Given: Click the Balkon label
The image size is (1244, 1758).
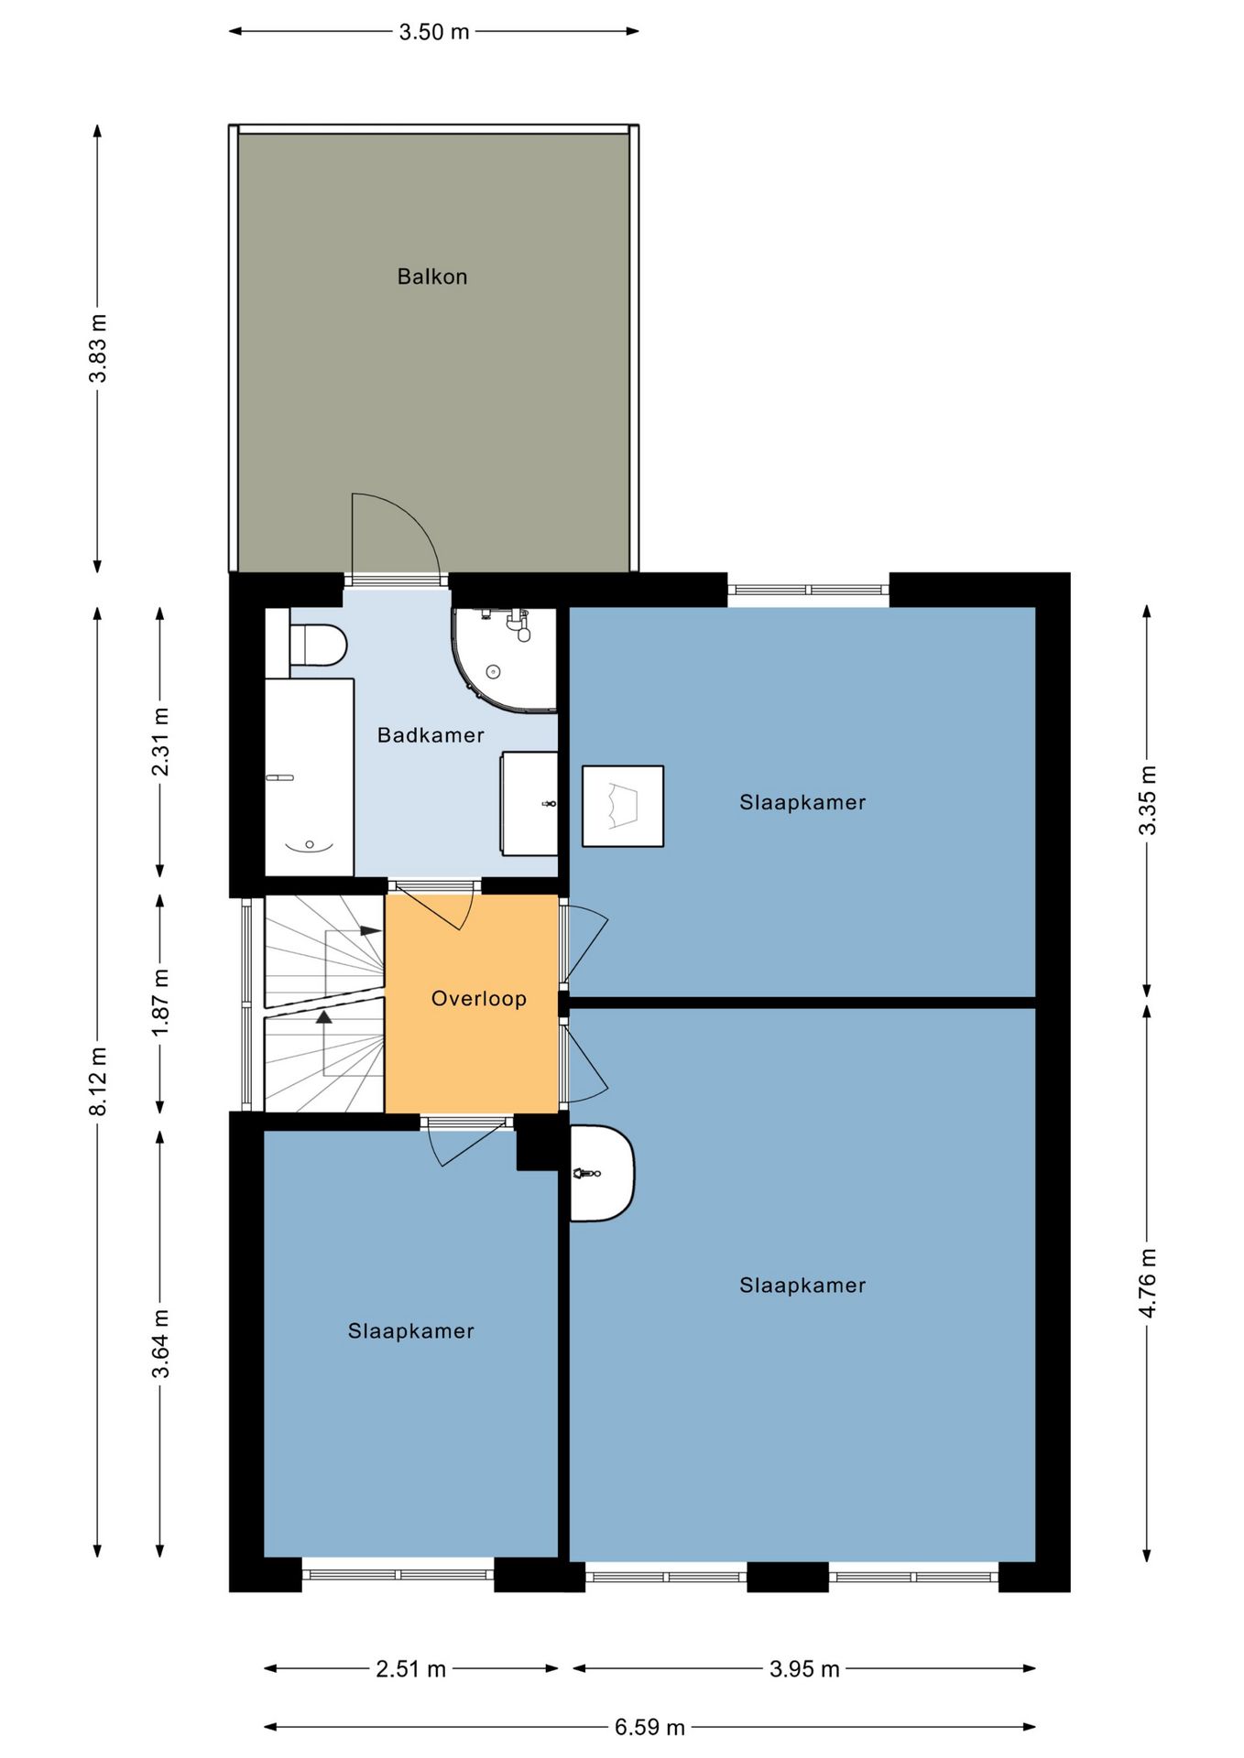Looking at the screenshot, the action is point(432,277).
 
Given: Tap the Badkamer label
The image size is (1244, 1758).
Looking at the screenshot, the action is point(431,735).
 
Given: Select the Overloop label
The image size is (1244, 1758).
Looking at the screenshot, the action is point(479,999).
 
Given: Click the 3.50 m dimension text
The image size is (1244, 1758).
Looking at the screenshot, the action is point(434,32).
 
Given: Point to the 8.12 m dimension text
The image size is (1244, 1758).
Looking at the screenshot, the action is point(98,1080).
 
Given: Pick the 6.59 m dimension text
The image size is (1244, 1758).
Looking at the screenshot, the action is point(649,1728).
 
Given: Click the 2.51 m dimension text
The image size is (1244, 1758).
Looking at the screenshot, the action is point(411,1669).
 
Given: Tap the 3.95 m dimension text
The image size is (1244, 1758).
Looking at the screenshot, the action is point(804,1669).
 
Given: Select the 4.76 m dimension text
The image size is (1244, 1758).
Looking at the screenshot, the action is point(1147,1282).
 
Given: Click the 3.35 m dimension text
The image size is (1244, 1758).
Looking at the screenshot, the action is point(1147,800).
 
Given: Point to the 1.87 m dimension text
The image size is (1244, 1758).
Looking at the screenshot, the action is point(160,1003).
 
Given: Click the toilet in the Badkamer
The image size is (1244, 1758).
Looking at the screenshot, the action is point(317,645).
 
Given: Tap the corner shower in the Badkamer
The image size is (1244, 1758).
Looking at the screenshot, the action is point(504,659).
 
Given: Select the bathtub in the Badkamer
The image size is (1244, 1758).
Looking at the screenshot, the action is point(310,776).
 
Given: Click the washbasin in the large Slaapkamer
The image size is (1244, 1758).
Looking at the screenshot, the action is point(601,1173).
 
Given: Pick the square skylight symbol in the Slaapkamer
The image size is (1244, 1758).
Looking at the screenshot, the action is point(623,806).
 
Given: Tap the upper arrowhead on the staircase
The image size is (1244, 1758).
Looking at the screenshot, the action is point(370,931).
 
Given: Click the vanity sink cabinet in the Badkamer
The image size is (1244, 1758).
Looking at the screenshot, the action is point(529,804).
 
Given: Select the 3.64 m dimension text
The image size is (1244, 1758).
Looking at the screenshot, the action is point(160,1344).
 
